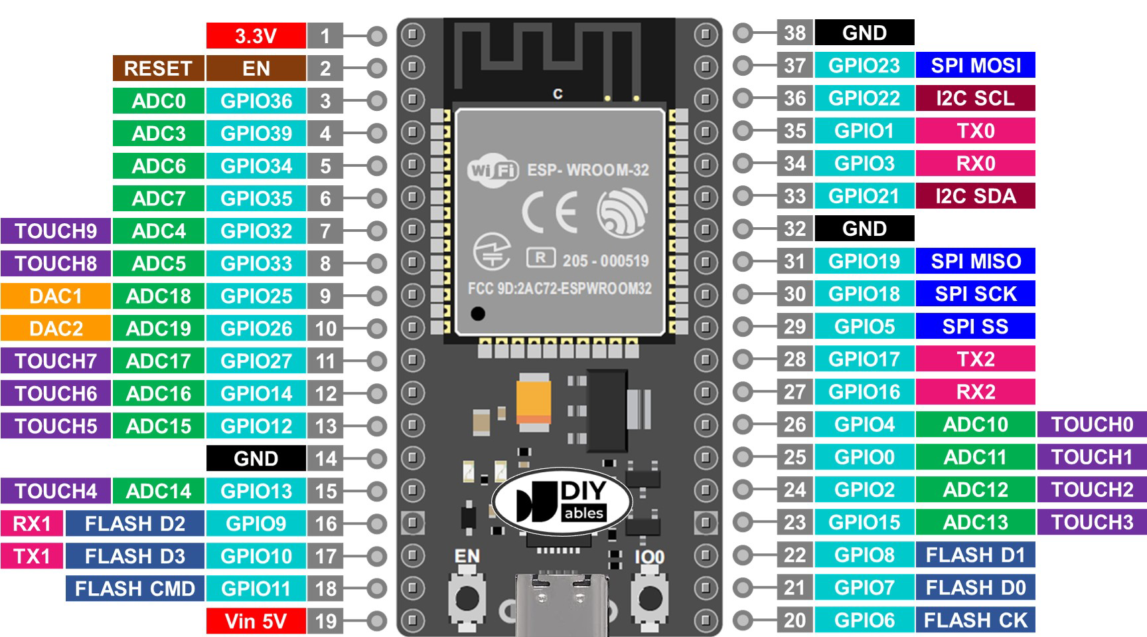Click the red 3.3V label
[x=256, y=36]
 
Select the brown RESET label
[x=158, y=68]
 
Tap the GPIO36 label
[x=256, y=101]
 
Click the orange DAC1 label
[x=56, y=296]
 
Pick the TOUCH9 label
[x=56, y=231]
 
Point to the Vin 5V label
[x=256, y=621]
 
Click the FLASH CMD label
[x=135, y=589]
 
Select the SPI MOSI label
[x=975, y=65]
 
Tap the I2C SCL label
[x=975, y=98]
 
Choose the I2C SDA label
[x=975, y=196]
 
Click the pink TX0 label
[x=975, y=131]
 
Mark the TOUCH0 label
[x=1092, y=424]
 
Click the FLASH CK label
[x=975, y=620]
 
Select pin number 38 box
[x=795, y=33]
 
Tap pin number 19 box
[x=325, y=621]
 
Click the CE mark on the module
[x=549, y=212]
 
